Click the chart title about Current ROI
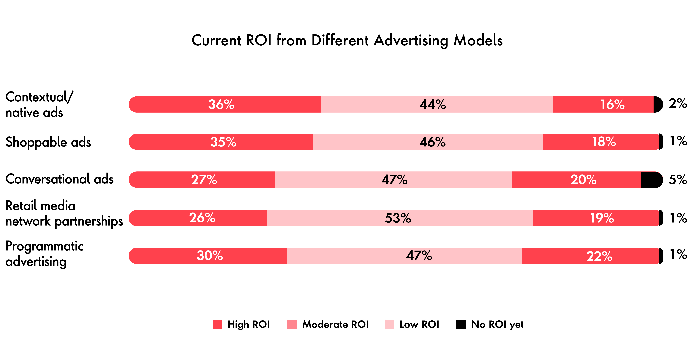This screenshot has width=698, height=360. coord(347,41)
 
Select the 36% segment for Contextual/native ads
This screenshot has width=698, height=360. coord(225,105)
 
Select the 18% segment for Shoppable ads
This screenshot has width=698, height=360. coord(600,142)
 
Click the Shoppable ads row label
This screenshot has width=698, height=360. coord(48,142)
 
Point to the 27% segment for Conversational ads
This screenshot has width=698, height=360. coord(202,180)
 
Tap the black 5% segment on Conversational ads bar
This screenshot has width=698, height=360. coord(650,180)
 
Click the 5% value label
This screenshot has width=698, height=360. coord(678,180)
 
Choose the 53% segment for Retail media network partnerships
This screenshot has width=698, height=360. coord(400,218)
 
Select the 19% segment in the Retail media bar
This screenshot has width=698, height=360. coord(596,218)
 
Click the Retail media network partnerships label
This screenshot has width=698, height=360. coord(64,213)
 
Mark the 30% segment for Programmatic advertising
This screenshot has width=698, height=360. coord(208,256)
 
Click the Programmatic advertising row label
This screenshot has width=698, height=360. coord(44,254)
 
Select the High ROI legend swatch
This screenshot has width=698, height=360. coord(217,324)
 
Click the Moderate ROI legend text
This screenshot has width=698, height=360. coord(335,324)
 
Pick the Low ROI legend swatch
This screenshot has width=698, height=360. coord(389,324)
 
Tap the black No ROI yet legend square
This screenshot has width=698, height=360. coord(461,324)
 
